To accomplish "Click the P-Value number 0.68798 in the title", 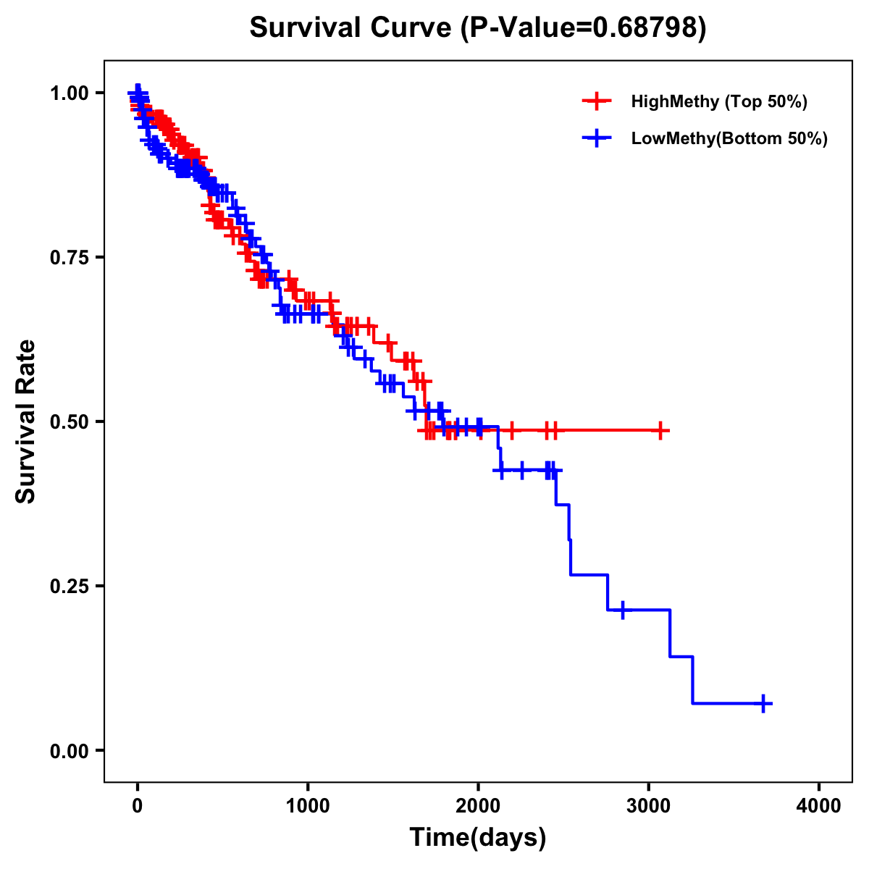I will coord(646,28).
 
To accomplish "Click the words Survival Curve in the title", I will coord(353,28).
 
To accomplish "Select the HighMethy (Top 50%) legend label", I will coord(718,101).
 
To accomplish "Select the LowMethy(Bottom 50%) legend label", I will coord(729,138).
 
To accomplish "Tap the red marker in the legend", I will coord(597,101).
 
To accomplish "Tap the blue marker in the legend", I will coord(597,138).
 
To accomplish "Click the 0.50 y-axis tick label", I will coord(68,421).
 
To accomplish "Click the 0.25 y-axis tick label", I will coord(68,586).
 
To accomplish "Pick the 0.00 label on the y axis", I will coord(68,750).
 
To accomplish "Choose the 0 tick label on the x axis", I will coord(138,806).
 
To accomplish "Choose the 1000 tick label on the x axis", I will coord(308,806).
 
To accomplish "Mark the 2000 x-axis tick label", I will coord(478,806).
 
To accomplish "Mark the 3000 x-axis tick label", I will coord(649,806).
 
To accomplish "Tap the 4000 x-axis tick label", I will coord(819,806).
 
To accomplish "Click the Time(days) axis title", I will coord(478,838).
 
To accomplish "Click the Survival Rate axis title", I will coord(26,421).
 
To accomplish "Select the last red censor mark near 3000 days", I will coord(660,430).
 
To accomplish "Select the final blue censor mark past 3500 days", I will coord(763,703).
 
